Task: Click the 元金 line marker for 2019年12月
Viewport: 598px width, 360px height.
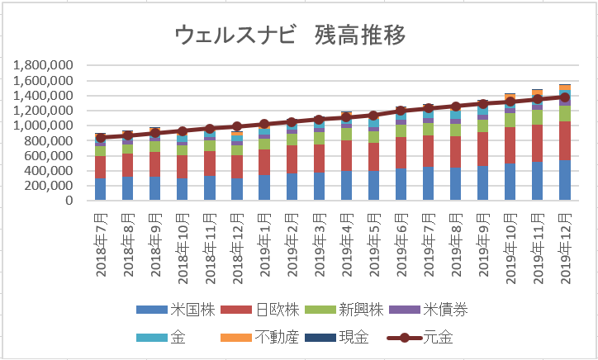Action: point(565,97)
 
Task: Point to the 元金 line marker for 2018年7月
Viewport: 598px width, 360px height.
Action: point(100,138)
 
